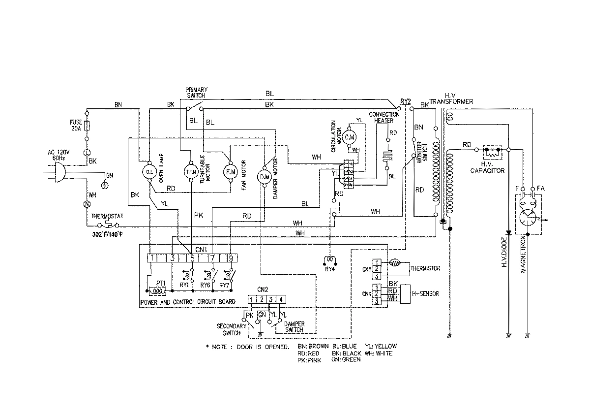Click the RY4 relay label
point(329,268)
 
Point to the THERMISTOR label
point(426,268)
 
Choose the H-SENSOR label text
point(425,293)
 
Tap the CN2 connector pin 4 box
point(281,299)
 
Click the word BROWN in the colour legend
point(318,346)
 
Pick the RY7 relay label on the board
point(224,285)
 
